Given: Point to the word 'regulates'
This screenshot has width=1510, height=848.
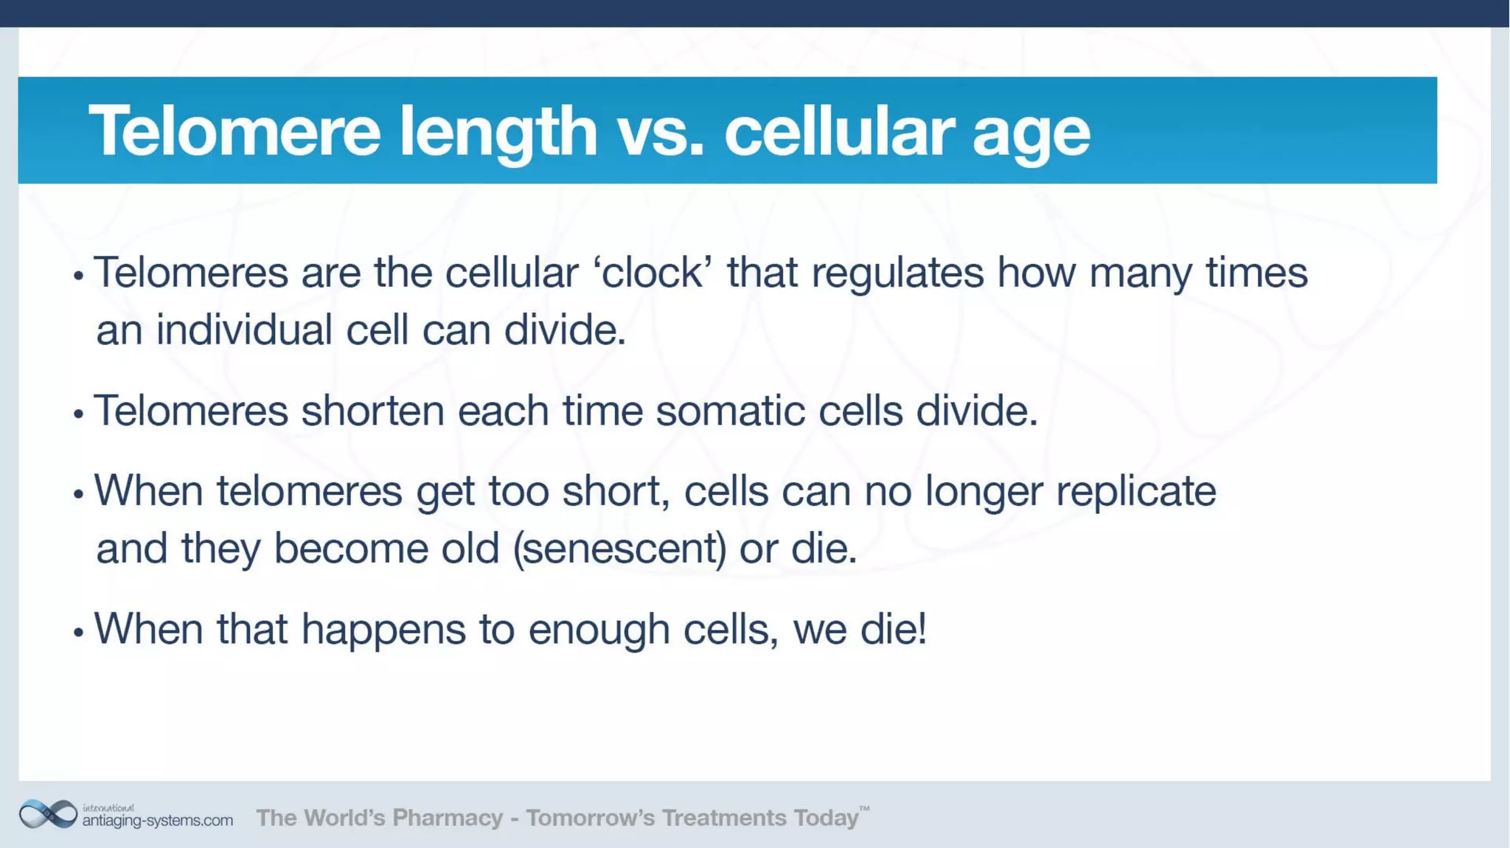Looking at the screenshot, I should click(897, 274).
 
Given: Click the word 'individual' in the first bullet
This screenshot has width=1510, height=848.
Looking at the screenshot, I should click(244, 330).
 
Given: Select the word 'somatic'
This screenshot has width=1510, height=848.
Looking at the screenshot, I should click(730, 411).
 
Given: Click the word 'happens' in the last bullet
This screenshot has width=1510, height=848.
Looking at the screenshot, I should click(383, 630).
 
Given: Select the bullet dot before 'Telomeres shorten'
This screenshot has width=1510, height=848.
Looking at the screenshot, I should click(79, 414).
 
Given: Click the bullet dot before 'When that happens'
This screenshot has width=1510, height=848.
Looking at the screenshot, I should click(79, 632).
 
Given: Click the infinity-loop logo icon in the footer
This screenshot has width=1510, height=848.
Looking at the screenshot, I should click(48, 814).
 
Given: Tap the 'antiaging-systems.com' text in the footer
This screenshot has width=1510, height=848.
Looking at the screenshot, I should click(157, 820).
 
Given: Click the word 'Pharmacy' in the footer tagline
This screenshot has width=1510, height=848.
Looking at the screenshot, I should click(447, 818).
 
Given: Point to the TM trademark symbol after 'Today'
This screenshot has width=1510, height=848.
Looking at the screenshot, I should click(864, 809).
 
